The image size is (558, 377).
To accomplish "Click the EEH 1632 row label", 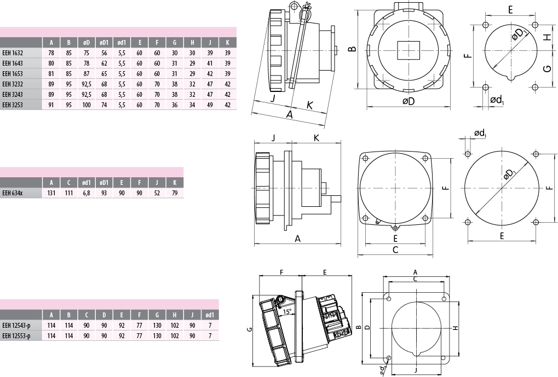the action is pos(13,53).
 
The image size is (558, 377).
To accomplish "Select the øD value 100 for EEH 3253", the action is pos(87,105).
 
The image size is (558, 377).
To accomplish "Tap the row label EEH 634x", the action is pos(11,193).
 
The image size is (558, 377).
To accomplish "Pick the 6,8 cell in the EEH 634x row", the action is pos(87,193).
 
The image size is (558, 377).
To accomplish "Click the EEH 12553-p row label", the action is pos(16,336).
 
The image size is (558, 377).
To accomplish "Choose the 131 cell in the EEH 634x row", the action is pos(51,193).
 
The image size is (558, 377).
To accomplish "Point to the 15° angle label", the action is pos(287,311).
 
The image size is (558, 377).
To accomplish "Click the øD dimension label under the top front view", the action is pos(409,101).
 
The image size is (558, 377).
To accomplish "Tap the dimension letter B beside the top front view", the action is pos(352,49).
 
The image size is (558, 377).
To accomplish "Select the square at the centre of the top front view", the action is pos(408,50).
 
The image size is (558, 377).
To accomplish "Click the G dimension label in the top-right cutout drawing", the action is pos(548,68).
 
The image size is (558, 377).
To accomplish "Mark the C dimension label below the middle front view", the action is pos(395,250).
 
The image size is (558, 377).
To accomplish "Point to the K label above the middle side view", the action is pos(317,138).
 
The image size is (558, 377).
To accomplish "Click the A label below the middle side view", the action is pos(297,239).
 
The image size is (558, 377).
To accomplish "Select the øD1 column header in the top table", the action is pos(104,43).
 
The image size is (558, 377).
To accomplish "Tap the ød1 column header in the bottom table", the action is pos(210,315).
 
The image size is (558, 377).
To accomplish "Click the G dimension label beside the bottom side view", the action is pos(250,329).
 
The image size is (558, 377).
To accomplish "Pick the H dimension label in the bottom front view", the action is pos(455,328).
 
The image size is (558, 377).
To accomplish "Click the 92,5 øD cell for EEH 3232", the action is pos(87,84).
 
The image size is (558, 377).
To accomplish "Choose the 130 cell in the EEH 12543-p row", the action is pos(157,326).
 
